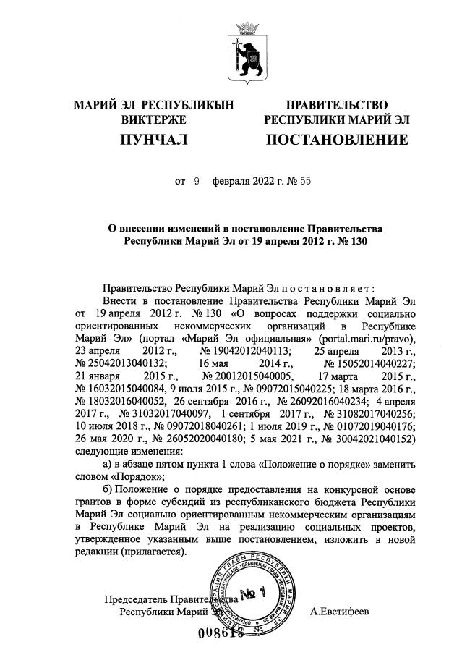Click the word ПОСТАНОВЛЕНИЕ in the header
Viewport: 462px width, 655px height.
337,139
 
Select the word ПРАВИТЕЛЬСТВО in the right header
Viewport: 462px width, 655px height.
336,106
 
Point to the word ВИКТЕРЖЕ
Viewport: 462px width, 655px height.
154,119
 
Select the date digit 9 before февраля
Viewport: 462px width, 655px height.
195,182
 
